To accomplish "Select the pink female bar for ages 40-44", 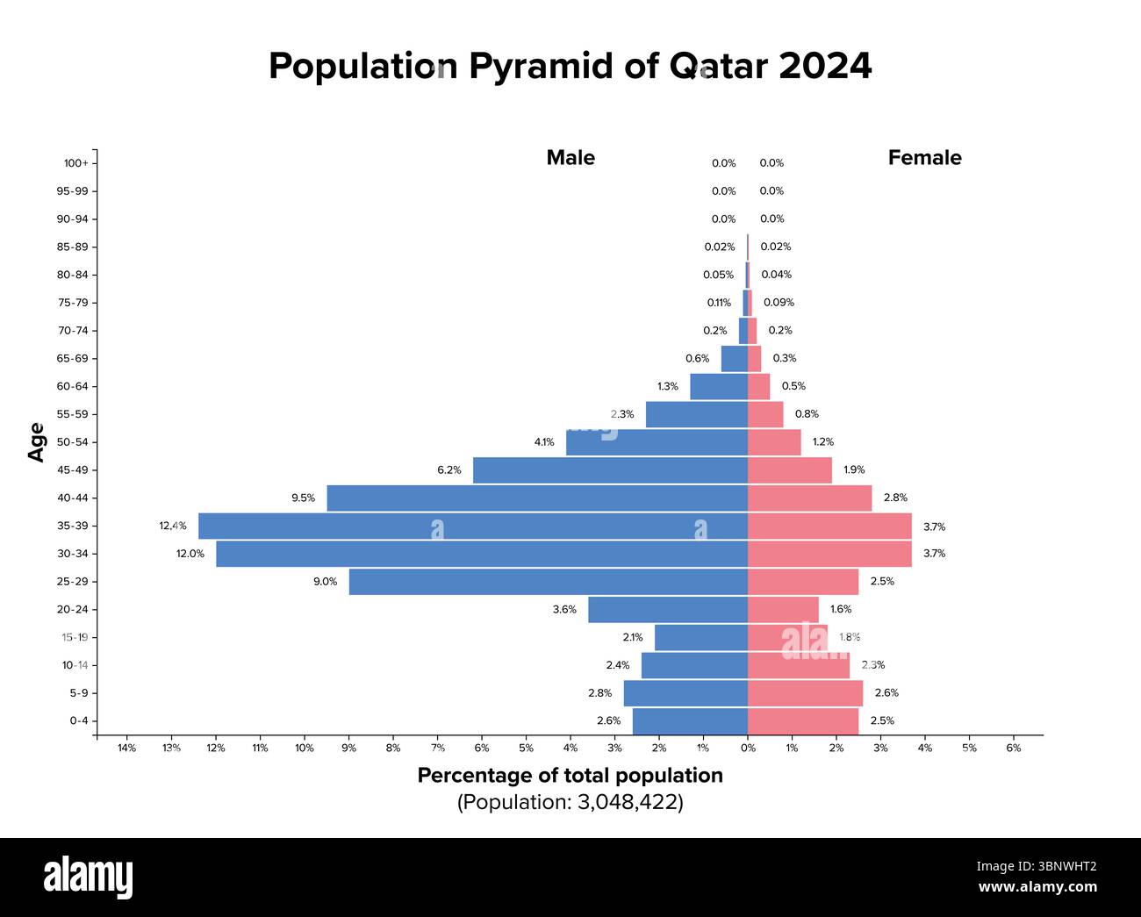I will tap(809, 498).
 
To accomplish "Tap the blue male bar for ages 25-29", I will tap(548, 582).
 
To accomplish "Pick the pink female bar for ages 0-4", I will tap(802, 720).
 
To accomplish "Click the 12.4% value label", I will tap(172, 526).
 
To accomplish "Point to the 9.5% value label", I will tap(303, 498).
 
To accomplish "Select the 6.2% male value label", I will tap(449, 470).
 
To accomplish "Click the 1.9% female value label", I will tap(854, 470).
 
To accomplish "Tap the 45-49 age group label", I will tap(72, 470).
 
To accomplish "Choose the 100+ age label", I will tap(75, 163).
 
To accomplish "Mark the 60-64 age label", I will tap(72, 386).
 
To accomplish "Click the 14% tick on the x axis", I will tap(126, 749).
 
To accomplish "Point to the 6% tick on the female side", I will tap(1013, 749).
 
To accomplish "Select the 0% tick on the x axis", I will tap(747, 749).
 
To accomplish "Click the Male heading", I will tap(570, 158).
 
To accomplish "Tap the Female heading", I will tap(924, 158).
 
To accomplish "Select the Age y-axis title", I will tap(36, 442).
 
